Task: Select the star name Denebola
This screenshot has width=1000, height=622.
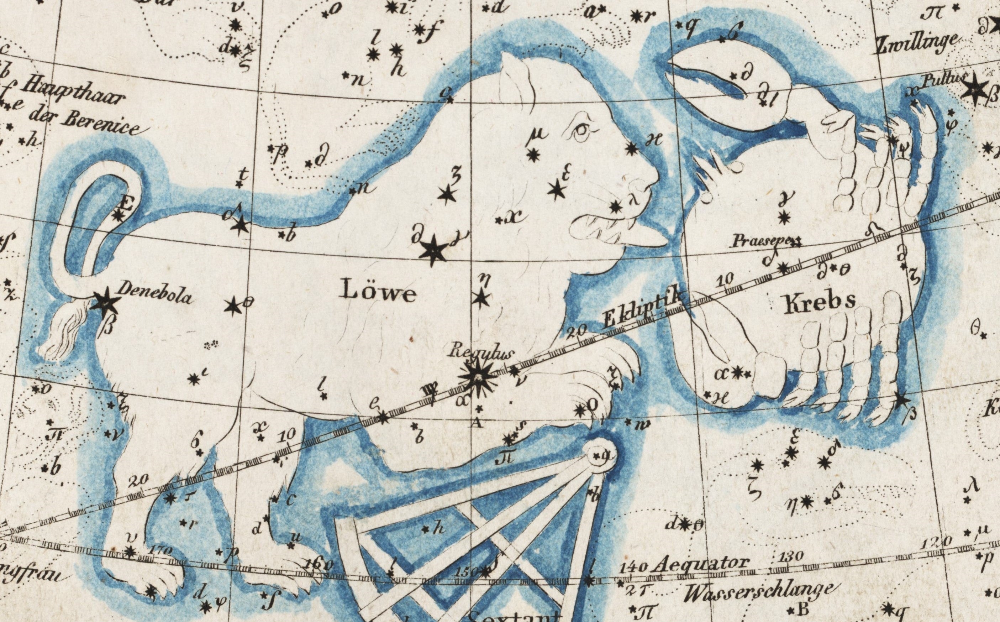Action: coord(154,293)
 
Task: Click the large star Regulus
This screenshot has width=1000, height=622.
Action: coord(477,377)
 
